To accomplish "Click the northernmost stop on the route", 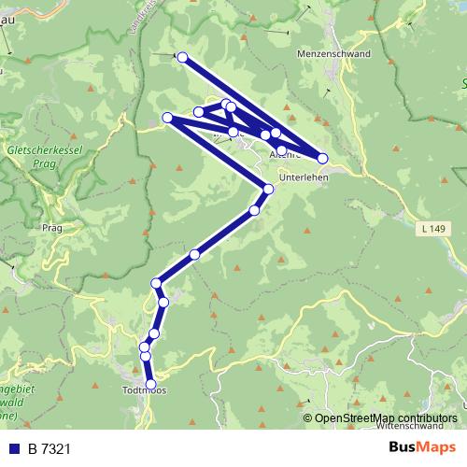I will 183,58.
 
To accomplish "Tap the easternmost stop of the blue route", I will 323,158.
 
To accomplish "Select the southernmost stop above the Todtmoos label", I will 150,382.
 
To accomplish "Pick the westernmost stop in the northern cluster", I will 167,118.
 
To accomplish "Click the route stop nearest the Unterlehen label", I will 268,190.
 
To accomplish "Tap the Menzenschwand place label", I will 333,54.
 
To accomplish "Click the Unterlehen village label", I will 304,177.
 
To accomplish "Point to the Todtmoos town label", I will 145,391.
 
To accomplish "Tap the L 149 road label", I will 431,228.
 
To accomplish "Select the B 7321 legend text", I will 50,449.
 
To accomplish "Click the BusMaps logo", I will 421,448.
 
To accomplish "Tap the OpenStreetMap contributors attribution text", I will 386,417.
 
